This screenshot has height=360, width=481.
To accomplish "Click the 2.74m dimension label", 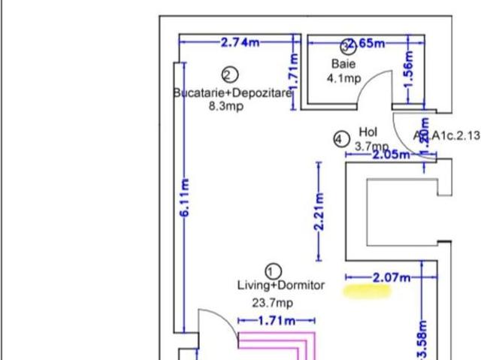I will tap(239, 43).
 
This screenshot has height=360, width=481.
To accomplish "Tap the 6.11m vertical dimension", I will tap(184, 198).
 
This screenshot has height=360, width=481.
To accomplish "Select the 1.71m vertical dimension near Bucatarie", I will tap(294, 72).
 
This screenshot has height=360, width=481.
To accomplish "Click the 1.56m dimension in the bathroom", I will tap(408, 70).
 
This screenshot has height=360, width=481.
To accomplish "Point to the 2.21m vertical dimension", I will tap(319, 213).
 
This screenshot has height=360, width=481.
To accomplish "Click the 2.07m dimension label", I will tap(391, 277).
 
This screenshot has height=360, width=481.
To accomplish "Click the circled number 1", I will tap(274, 271).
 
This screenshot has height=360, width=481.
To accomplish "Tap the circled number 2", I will tap(230, 74).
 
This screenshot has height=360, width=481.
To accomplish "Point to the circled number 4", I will tap(341, 139).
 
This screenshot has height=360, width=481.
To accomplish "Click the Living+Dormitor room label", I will tap(281, 286).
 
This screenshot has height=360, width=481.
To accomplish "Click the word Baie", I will tap(343, 65).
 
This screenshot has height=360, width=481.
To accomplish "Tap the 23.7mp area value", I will tap(272, 303).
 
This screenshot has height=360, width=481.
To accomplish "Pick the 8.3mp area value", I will tap(225, 106).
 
